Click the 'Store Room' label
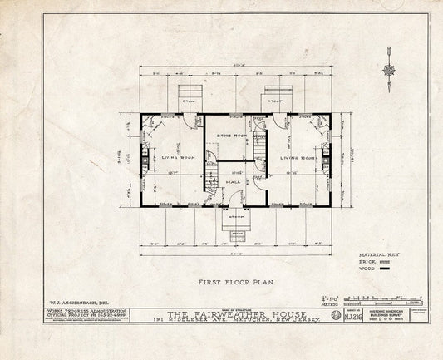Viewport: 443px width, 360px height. tap(229, 135)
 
